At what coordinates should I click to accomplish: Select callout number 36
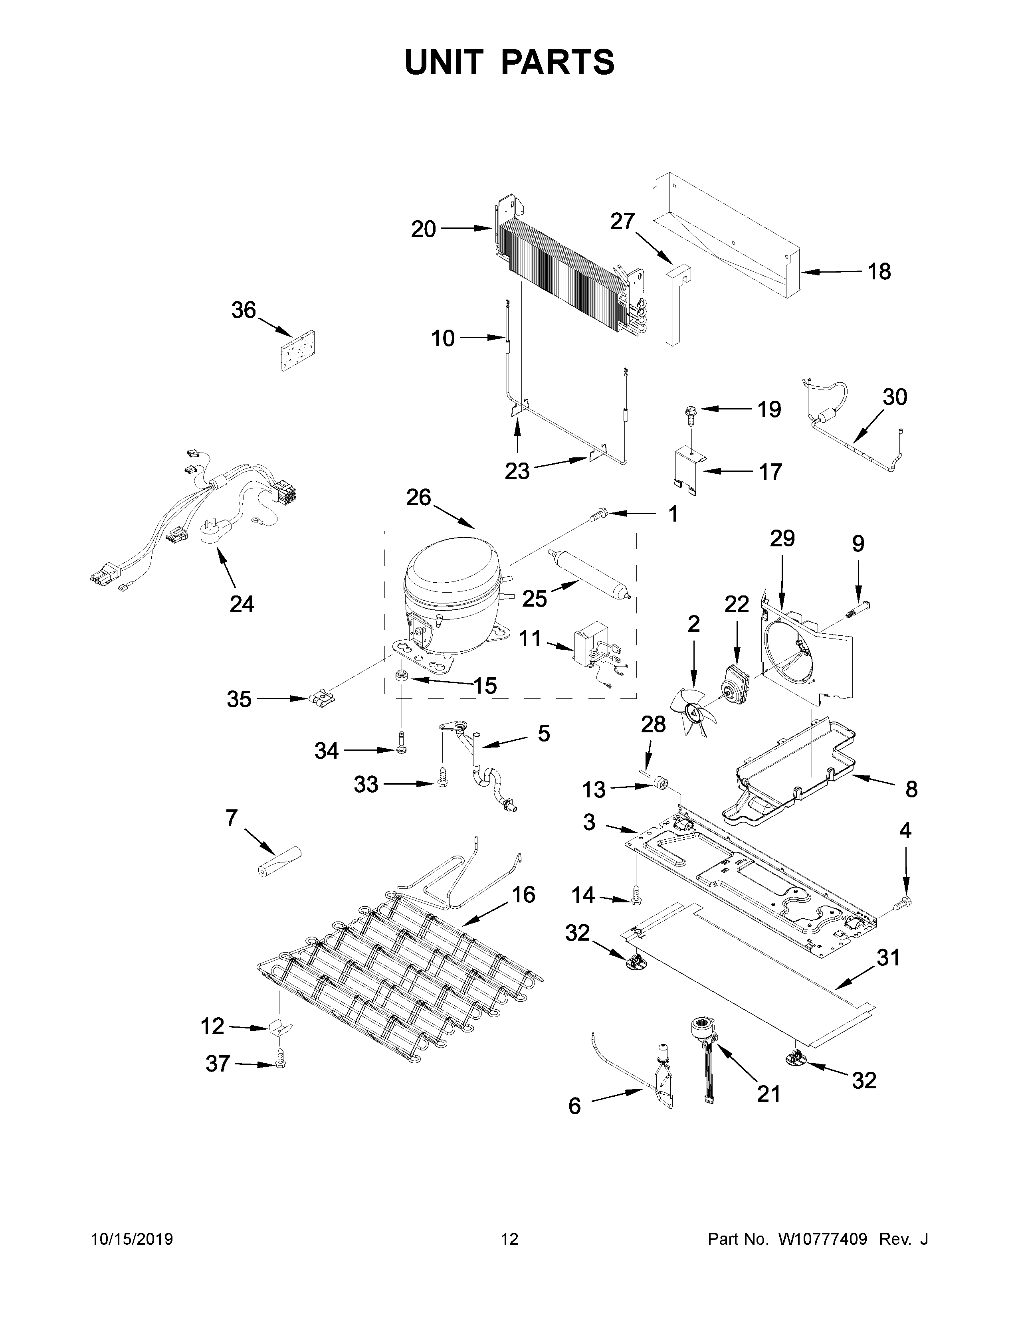click(x=244, y=310)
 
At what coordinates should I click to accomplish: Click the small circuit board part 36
click(x=299, y=350)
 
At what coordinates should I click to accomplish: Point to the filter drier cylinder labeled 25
click(x=588, y=572)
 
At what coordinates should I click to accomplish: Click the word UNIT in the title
click(x=444, y=62)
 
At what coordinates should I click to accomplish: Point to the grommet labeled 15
click(x=399, y=675)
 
